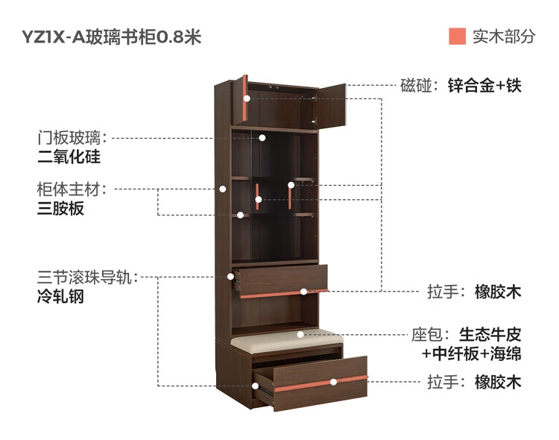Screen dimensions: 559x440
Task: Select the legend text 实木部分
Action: (504, 37)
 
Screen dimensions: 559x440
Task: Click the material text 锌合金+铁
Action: (484, 86)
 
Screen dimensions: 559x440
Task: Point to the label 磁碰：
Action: (420, 86)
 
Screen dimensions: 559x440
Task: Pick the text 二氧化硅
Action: (69, 157)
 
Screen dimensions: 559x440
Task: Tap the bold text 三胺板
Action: (60, 209)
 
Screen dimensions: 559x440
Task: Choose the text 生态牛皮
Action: (489, 333)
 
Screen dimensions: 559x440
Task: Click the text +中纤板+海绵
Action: (471, 353)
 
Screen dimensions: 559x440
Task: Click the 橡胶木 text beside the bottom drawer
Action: (498, 383)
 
